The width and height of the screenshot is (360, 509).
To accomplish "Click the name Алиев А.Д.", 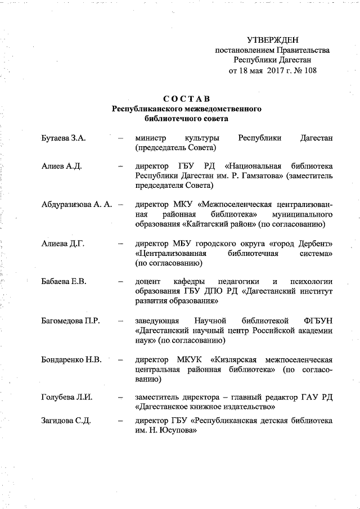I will point(62,166).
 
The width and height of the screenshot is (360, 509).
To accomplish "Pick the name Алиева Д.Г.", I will point(62,243).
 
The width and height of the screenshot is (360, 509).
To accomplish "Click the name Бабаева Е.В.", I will point(64,281).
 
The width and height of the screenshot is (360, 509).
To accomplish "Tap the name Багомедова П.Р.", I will point(70,321).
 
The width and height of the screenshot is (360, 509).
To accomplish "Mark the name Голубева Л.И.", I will point(67,398).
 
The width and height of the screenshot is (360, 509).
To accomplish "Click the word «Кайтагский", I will point(205,225).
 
